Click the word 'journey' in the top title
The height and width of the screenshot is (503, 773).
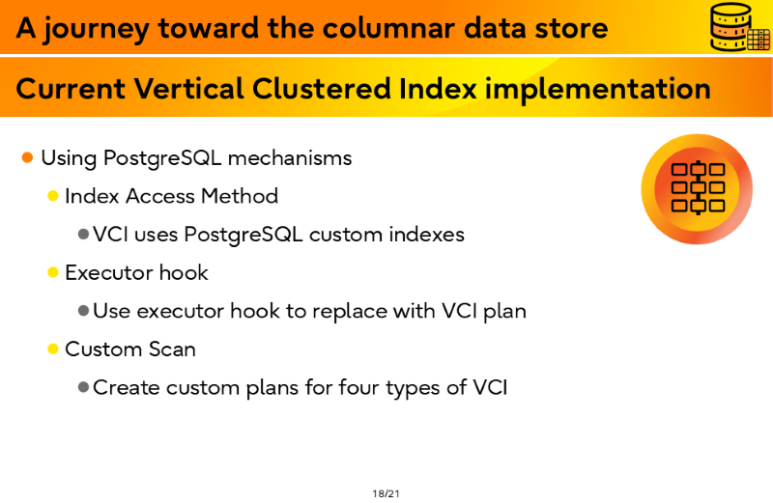click(x=96, y=29)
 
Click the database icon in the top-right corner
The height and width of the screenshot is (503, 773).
click(x=739, y=27)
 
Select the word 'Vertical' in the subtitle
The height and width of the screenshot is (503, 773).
click(x=188, y=89)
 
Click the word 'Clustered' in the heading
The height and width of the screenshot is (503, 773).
click(x=322, y=89)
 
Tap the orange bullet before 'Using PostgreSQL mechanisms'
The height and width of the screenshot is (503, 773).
click(x=27, y=157)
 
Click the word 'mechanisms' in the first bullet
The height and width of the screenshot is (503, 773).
click(x=290, y=158)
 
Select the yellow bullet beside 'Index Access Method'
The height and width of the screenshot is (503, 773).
click(x=53, y=196)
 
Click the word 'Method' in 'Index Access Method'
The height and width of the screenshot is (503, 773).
click(x=240, y=196)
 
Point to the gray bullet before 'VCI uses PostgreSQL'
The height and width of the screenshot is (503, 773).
click(x=83, y=234)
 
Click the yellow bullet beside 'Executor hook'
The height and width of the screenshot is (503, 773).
click(x=53, y=272)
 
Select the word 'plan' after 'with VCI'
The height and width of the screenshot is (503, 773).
click(x=504, y=311)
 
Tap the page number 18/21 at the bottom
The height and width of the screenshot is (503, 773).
click(x=386, y=493)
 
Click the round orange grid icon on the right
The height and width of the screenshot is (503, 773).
click(x=697, y=189)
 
